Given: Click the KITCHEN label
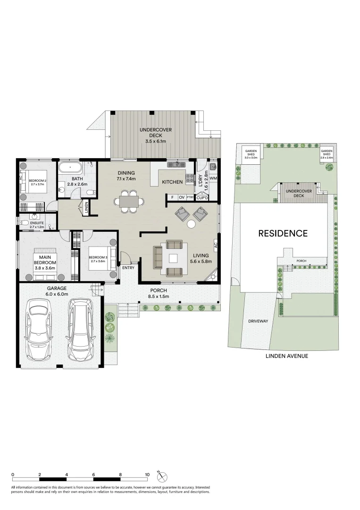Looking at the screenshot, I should click(172, 182).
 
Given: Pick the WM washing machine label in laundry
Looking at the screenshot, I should click(213, 178).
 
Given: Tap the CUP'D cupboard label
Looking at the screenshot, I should click(202, 197).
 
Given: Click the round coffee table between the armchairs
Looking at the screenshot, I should click(192, 224).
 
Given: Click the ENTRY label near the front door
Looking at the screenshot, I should click(128, 268).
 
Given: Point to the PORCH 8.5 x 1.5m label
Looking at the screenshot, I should click(159, 293).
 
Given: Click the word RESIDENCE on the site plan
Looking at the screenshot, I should click(283, 233).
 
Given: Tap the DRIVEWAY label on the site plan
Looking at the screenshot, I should click(258, 321).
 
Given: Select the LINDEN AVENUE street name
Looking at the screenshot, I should click(286, 356).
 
